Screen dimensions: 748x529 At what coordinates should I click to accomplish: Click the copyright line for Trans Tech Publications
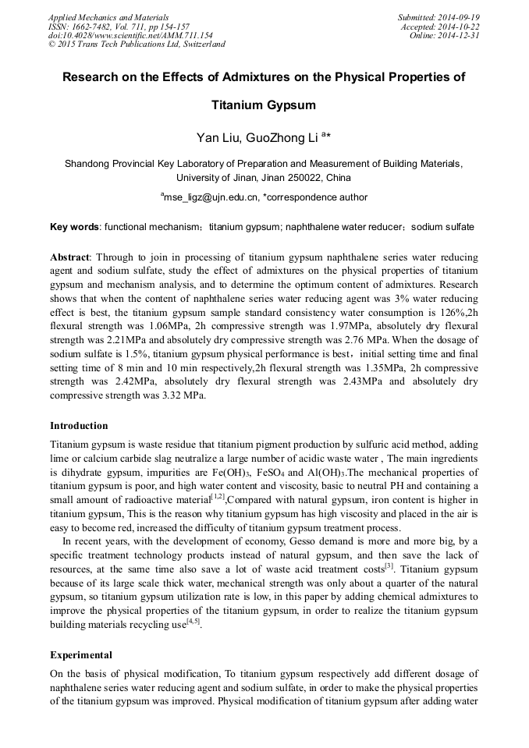click(137, 44)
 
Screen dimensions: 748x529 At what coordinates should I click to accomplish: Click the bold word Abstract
click(70, 257)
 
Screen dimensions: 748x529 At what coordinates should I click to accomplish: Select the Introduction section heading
click(79, 426)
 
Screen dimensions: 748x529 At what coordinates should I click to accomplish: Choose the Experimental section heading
click(81, 655)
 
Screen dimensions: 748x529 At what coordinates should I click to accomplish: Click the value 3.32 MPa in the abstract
click(183, 395)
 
